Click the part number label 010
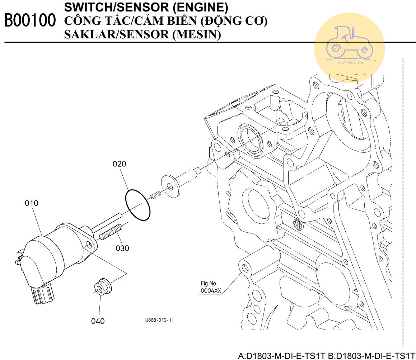pos(32,203)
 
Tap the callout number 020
pos(120,164)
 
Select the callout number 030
pos(122,248)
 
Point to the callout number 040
pos(98,321)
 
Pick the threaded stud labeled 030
pos(111,232)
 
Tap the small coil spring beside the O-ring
pos(154,195)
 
